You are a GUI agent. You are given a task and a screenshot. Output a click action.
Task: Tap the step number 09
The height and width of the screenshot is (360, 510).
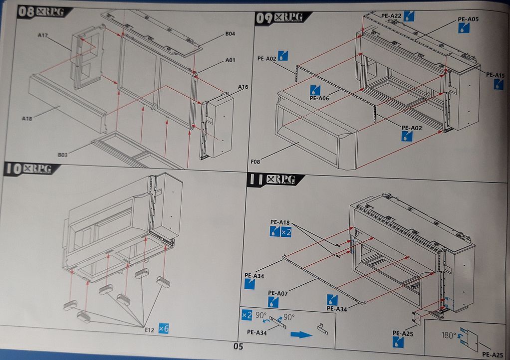pos(265,18)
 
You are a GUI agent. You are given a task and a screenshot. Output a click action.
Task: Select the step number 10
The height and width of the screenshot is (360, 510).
pos(13,169)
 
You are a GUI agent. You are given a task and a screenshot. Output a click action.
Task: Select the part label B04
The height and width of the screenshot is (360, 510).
pos(230,34)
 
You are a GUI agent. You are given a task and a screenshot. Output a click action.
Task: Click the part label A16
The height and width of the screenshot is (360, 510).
pos(243,87)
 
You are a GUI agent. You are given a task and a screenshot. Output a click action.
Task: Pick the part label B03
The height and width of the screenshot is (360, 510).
pos(63,155)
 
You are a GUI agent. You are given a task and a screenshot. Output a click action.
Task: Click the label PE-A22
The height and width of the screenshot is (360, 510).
pos(392,16)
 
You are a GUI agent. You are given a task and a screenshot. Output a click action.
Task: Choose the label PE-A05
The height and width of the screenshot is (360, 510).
pos(468,19)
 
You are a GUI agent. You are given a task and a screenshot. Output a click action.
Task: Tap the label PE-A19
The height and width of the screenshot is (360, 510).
pos(496,75)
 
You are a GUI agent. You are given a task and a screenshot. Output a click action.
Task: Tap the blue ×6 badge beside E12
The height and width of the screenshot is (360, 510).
pos(163,328)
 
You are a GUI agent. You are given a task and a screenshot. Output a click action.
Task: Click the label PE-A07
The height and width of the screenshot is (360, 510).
pos(278,293)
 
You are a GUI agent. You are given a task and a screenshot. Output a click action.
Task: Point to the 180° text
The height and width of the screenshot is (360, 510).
pos(448,335)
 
